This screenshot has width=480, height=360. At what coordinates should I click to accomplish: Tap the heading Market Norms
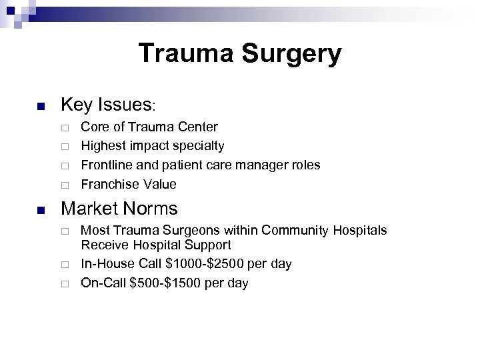click(x=119, y=209)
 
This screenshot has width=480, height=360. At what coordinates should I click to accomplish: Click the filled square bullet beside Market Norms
click(x=41, y=211)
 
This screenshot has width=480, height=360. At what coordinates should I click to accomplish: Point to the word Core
click(x=93, y=126)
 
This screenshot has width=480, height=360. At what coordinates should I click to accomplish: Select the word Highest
click(x=103, y=145)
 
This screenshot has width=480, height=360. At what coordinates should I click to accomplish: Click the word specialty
click(x=200, y=145)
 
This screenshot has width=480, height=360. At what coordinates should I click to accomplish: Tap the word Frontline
click(x=107, y=164)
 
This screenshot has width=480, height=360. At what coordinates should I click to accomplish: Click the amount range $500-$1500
click(x=164, y=283)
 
